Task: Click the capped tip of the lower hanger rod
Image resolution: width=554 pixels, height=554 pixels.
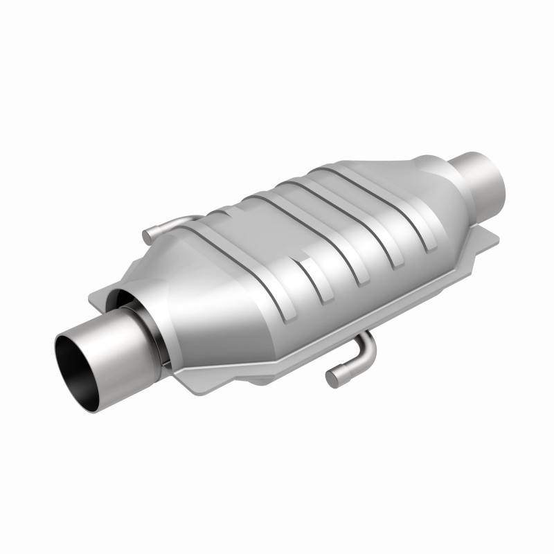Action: [x=334, y=378]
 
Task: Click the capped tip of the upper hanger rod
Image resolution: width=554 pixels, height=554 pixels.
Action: [x=147, y=237]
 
